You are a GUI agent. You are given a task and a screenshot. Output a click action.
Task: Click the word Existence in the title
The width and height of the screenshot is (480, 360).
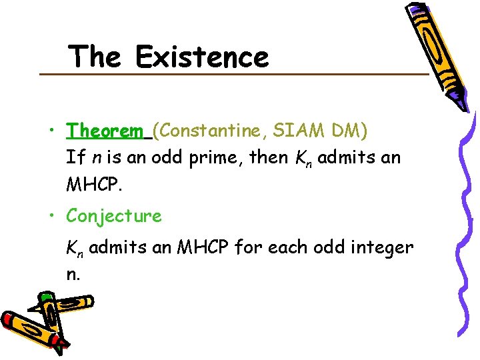202,57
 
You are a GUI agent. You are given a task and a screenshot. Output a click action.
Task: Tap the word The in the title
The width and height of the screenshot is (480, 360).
95,57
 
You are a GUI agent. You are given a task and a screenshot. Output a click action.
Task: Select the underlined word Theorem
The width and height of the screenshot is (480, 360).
105,130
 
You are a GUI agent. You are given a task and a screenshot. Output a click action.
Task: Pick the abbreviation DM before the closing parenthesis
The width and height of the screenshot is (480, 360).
349,130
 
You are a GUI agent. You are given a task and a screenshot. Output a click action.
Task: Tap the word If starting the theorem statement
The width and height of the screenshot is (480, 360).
74,157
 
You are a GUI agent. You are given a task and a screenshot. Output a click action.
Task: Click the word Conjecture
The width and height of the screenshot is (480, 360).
114,216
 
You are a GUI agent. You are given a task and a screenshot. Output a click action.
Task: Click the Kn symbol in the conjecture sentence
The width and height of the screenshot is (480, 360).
75,249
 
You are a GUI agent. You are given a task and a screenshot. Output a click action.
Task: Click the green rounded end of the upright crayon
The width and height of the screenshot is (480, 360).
46,298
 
